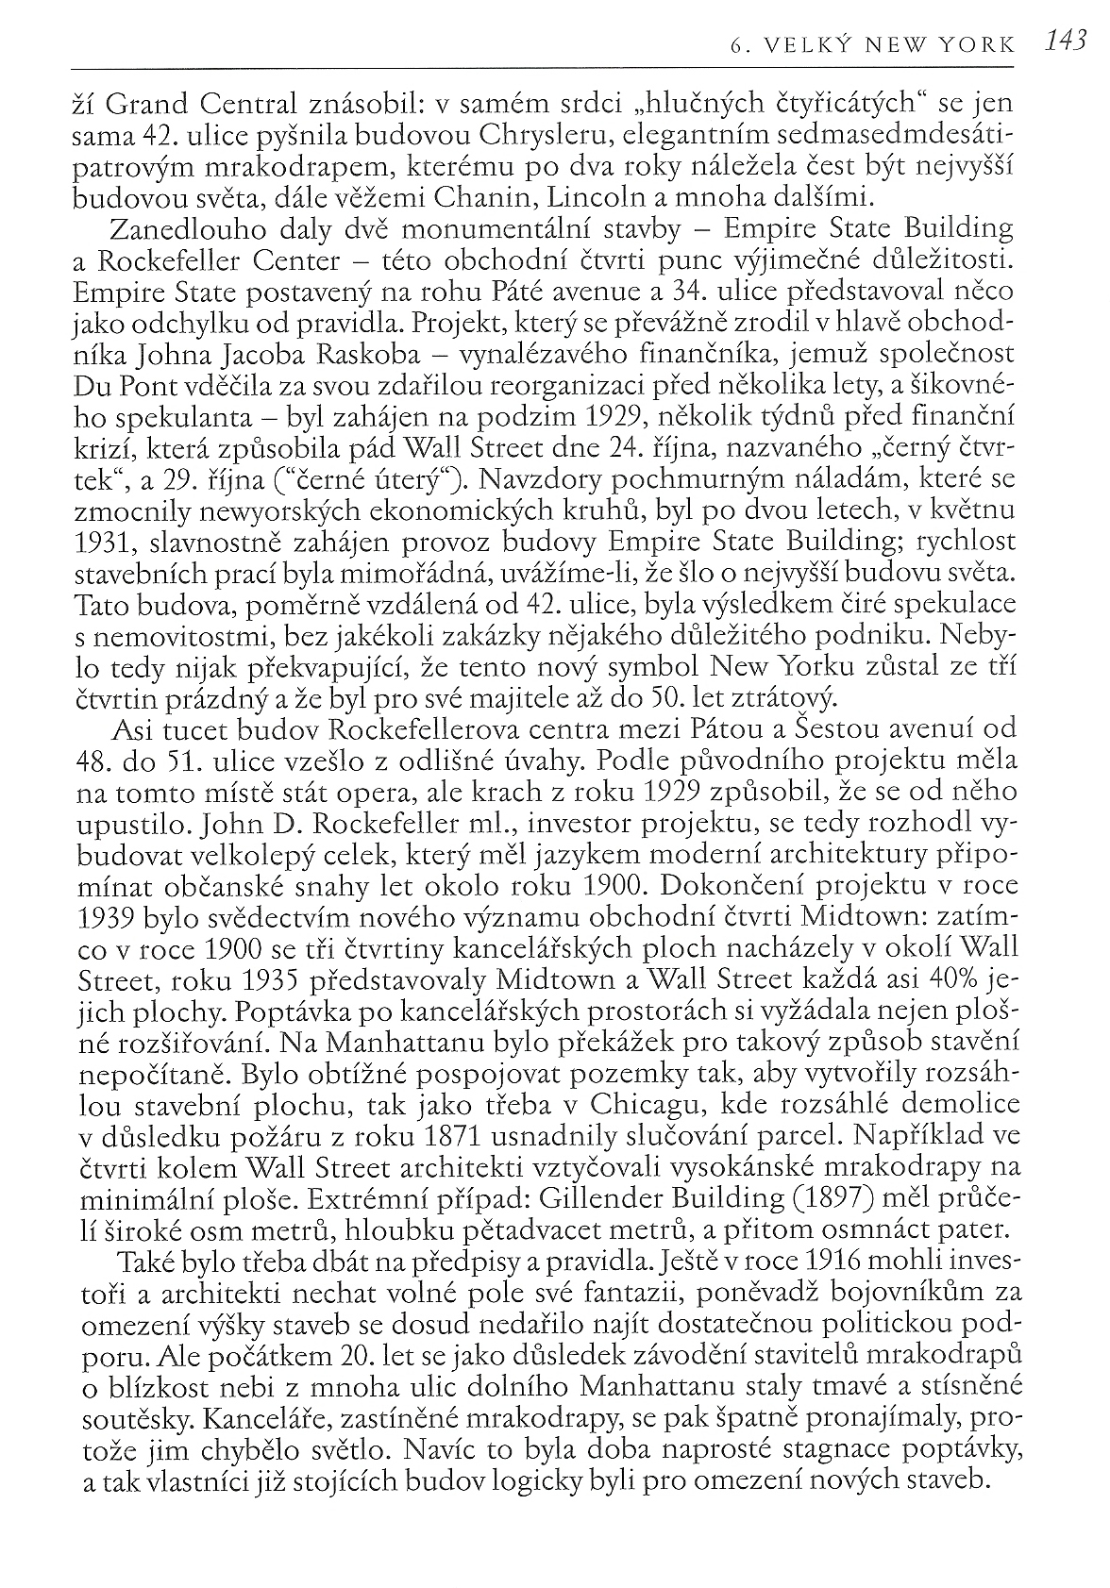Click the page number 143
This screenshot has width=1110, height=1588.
(x=1068, y=42)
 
